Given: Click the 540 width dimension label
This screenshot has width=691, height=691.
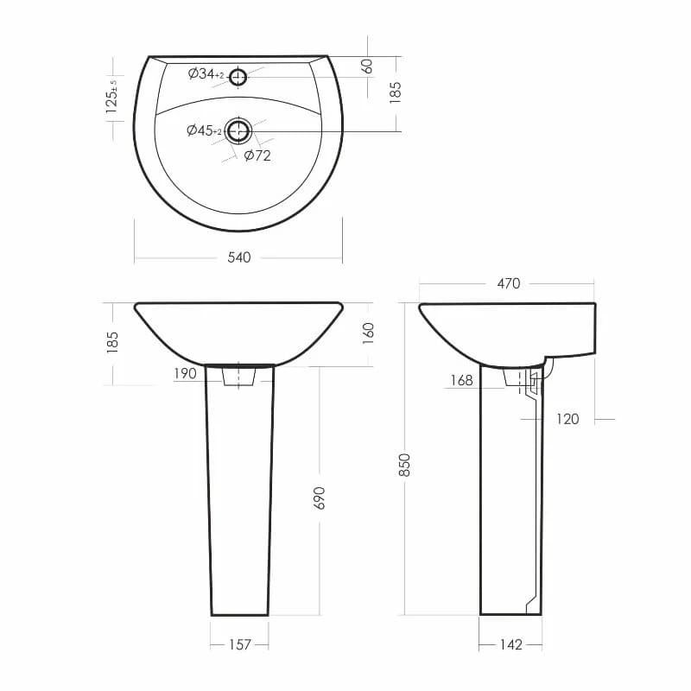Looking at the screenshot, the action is tap(239, 257).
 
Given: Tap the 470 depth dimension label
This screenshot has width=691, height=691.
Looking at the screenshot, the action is tap(509, 283).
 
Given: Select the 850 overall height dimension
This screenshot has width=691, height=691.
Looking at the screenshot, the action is tap(404, 465).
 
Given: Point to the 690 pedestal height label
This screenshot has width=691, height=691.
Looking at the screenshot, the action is tap(319, 498).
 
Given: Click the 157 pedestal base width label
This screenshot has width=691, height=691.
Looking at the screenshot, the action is tap(240, 644).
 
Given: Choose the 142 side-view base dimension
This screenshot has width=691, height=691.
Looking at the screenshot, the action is tap(510, 644).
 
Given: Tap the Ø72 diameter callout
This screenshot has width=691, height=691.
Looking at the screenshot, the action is tap(257, 155).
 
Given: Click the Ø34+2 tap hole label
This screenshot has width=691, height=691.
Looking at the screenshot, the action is tap(206, 74).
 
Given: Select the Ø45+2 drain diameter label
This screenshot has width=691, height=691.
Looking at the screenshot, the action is tap(204, 130).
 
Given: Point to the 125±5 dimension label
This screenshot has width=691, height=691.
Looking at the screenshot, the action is tap(112, 97).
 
